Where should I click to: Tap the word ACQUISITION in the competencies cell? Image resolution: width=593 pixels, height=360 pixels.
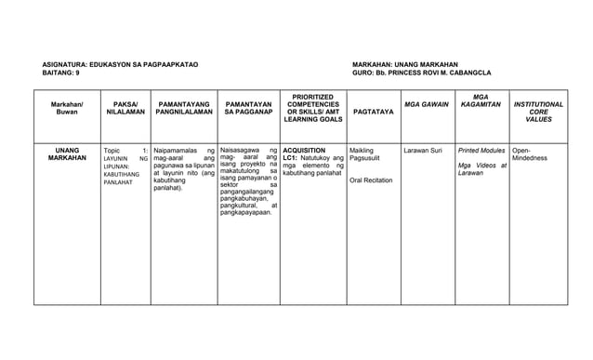(304, 150)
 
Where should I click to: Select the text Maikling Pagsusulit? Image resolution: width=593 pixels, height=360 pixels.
(362, 154)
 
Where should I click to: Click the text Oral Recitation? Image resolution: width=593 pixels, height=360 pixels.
(370, 180)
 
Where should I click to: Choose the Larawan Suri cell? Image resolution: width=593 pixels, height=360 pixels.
(423, 150)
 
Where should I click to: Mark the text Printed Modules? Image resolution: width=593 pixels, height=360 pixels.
(481, 150)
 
